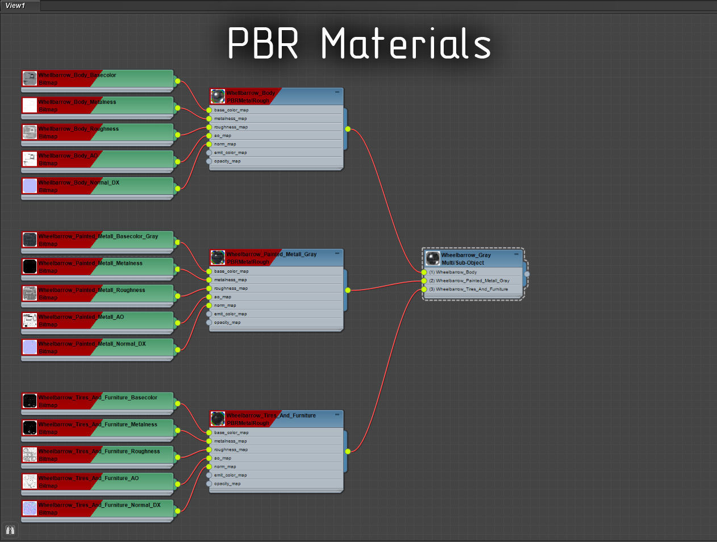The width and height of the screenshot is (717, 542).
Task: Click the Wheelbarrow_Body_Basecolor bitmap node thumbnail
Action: [30, 78]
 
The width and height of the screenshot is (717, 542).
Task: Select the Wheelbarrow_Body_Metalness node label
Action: [77, 102]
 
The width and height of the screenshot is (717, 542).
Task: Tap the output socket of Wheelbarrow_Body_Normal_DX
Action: [177, 189]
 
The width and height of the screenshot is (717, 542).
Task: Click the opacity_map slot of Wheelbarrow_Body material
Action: [227, 161]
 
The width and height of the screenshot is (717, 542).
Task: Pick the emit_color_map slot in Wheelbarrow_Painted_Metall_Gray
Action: [230, 314]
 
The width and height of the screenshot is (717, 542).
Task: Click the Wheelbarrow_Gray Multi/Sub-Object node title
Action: [466, 255]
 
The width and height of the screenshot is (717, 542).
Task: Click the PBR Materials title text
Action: [359, 44]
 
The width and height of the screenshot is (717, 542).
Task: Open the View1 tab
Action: [16, 6]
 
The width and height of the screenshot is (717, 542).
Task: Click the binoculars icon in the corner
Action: [10, 530]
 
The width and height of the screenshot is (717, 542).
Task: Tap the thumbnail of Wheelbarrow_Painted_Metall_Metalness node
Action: [30, 266]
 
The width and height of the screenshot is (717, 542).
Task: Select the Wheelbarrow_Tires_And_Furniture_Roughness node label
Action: [99, 452]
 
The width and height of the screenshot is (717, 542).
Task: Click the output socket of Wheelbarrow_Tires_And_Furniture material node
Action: [348, 452]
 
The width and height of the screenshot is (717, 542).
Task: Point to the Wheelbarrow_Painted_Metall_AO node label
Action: [81, 317]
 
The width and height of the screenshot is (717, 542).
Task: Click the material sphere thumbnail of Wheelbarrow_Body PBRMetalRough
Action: [218, 96]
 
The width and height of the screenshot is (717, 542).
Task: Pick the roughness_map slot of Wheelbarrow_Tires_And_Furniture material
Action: [231, 450]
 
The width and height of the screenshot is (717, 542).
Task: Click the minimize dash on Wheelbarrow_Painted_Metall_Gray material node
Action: [337, 253]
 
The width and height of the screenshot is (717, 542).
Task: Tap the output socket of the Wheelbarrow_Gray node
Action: [527, 274]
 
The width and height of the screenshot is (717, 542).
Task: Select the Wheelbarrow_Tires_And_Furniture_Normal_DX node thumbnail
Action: [30, 508]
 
